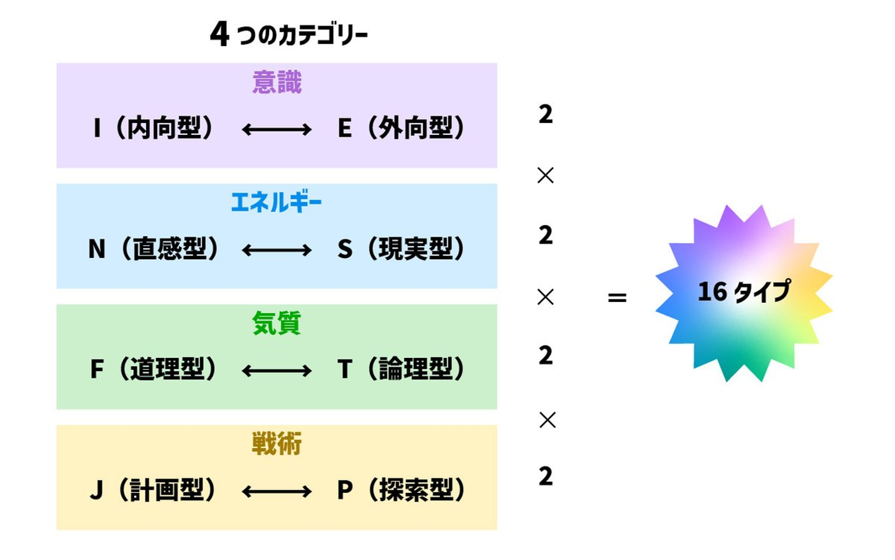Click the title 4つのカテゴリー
pos(288,34)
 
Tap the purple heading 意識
pos(277,83)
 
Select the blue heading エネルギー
pos(277,203)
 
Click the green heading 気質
pos(277,323)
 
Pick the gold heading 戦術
pos(277,444)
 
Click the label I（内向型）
pos(154,128)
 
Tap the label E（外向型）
pos(402,128)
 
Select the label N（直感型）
pos(154,249)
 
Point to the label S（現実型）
pos(402,249)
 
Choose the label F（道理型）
pos(154,369)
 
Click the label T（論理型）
pos(402,369)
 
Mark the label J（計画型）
pos(154,490)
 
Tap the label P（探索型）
pos(402,490)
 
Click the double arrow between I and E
pos(277,129)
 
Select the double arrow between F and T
pos(277,371)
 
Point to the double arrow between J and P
pos(277,492)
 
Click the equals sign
pos(617,298)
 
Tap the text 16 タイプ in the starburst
pos(744,291)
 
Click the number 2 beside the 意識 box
pos(545,114)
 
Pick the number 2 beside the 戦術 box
pos(545,476)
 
